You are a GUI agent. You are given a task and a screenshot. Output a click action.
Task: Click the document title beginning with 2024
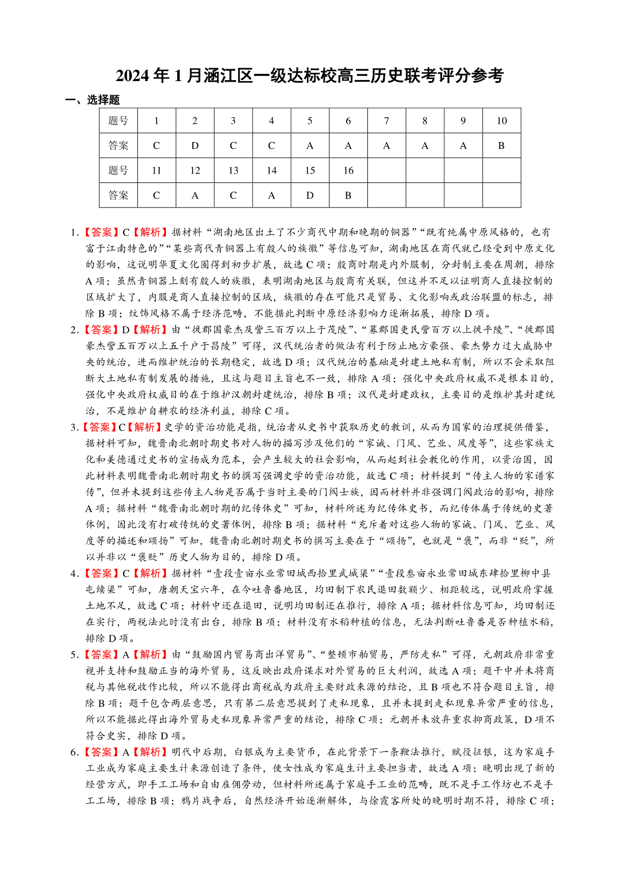309,76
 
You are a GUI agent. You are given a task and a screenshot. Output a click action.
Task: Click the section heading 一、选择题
92,100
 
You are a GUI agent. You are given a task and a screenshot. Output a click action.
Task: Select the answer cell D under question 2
195,146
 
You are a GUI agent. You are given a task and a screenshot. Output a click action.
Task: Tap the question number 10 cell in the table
501,121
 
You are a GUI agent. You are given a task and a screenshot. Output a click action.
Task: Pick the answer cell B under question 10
501,146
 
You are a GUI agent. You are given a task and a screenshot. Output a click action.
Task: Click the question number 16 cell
348,170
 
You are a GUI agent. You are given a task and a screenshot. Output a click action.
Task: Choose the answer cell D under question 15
310,195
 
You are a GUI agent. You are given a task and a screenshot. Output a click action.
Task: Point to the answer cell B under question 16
348,195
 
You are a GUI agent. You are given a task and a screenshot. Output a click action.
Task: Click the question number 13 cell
234,170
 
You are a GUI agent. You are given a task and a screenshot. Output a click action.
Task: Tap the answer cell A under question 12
195,195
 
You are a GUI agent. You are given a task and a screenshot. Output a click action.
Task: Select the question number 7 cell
386,121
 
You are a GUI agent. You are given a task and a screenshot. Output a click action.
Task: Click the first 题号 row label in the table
118,121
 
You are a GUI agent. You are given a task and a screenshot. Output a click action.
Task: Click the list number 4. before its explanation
74,573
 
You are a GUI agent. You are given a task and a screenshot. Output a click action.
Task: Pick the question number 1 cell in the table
157,121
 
